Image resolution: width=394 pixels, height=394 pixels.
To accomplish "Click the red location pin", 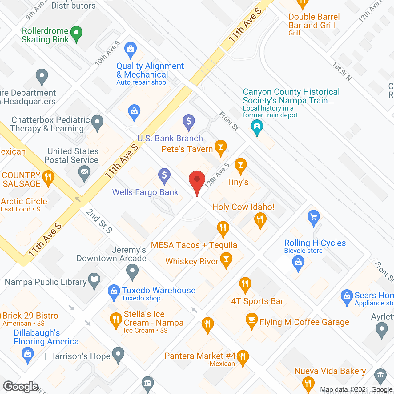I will coord(197,180).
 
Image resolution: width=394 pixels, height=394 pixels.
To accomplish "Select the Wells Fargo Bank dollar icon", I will coord(164,175).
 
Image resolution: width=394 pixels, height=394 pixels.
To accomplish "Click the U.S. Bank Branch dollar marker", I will coord(189,121).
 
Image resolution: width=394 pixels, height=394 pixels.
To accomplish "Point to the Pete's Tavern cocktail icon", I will coord(220,147).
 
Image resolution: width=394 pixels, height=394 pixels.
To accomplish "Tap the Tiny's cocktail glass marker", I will coord(240,165).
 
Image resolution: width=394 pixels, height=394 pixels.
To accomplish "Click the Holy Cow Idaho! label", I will coord(243,207).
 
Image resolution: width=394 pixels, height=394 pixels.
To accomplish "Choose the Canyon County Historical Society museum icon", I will coord(257,126).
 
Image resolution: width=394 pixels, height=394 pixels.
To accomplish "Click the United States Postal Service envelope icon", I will coord(84,172).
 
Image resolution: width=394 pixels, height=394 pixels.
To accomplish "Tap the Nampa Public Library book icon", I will coord(94,280).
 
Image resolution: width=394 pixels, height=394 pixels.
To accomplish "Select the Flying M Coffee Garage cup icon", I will coord(251,320).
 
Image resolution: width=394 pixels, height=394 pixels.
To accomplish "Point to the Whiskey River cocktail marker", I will coord(226,259).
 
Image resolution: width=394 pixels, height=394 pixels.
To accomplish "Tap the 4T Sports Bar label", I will coord(257,301).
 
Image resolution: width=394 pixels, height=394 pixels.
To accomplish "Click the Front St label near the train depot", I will coord(229,121).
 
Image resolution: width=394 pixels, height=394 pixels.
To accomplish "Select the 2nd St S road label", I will coord(99,221).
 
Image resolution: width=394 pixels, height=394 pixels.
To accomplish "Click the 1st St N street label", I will coord(342,71).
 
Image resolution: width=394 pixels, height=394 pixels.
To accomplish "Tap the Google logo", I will coord(21,387).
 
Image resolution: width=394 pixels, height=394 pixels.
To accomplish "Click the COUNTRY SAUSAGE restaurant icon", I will coord(48,177).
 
